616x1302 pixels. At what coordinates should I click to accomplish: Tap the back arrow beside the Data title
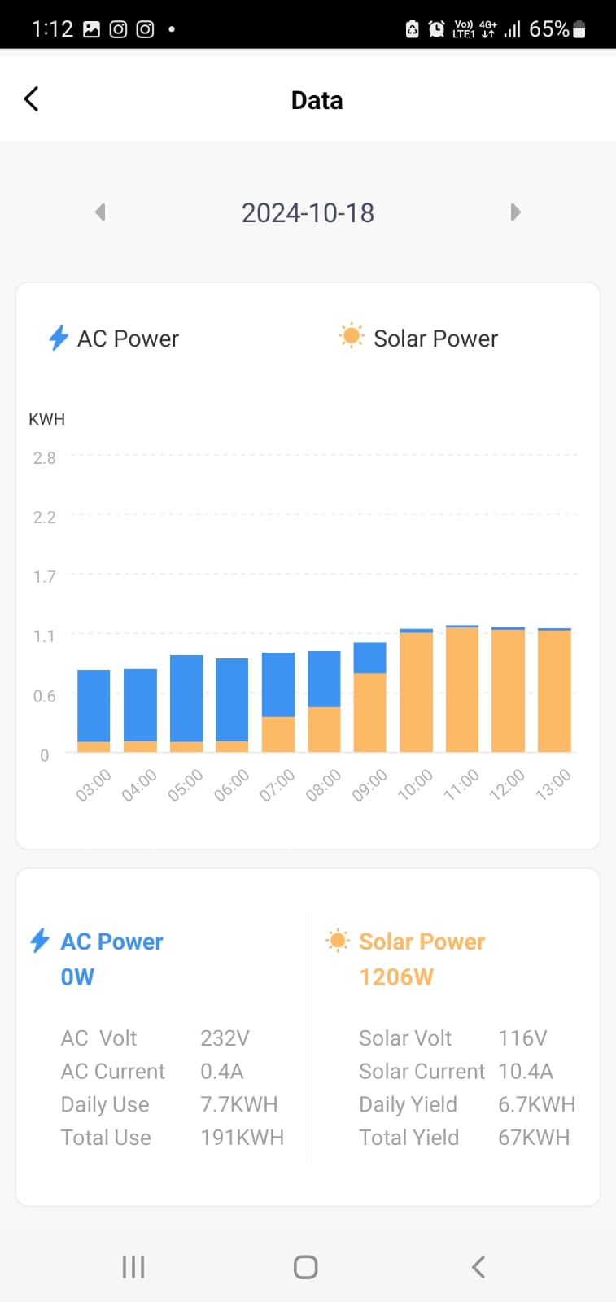32,99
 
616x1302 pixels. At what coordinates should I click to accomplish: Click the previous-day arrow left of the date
100,212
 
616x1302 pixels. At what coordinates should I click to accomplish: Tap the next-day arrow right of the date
515,212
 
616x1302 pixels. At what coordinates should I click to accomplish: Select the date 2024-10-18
308,213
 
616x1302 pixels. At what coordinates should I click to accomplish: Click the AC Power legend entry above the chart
115,339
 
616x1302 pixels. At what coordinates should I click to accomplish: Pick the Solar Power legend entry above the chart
419,339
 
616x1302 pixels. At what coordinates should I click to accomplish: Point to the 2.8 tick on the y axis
45,458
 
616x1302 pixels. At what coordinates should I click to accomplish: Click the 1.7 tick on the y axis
45,577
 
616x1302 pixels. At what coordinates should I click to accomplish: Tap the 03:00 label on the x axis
93,786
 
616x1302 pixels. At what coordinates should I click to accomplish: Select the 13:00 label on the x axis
553,786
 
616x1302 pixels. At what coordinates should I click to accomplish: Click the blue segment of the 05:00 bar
186,698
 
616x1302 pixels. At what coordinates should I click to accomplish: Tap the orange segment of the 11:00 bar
462,689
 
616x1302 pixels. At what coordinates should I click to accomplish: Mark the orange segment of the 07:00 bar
278,734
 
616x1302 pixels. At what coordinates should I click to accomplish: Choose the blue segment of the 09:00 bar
370,658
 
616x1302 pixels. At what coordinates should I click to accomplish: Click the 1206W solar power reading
396,976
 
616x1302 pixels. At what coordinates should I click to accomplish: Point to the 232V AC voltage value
225,1038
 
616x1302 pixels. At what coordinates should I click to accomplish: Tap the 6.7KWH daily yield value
536,1104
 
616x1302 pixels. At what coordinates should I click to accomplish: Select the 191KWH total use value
242,1138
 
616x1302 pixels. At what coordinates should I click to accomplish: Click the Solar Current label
422,1072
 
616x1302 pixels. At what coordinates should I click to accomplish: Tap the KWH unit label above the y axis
46,419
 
